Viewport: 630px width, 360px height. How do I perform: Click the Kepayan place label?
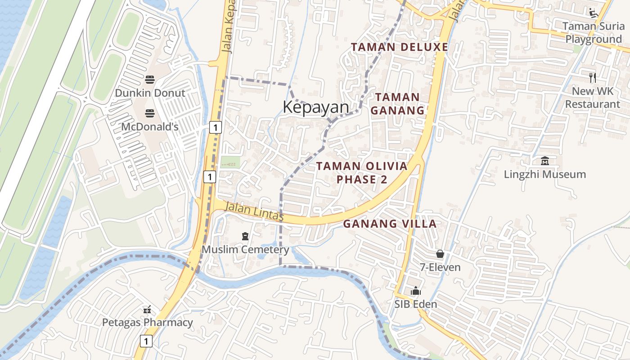click(x=316, y=108)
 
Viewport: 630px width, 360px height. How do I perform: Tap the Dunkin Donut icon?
click(x=150, y=80)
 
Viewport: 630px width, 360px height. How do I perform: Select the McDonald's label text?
click(x=150, y=127)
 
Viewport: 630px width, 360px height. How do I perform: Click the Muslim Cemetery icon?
click(x=245, y=236)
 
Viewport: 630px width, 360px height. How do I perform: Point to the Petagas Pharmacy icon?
click(x=147, y=310)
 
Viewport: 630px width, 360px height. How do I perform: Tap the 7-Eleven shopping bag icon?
click(x=440, y=254)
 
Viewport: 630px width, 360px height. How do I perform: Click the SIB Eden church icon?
click(x=415, y=291)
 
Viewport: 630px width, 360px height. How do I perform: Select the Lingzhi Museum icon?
click(x=545, y=161)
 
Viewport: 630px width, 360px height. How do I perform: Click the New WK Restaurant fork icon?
click(x=593, y=78)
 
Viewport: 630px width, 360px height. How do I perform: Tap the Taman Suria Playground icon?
click(x=594, y=13)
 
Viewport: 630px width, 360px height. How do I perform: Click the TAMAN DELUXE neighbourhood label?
click(x=400, y=47)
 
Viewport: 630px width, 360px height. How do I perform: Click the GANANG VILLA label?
click(x=390, y=224)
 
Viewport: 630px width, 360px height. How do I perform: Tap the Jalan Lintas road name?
click(x=253, y=211)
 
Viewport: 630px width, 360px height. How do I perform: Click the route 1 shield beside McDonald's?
click(x=216, y=128)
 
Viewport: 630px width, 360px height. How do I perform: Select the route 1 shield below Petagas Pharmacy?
click(x=146, y=342)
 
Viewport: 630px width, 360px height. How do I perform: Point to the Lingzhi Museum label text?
click(x=545, y=174)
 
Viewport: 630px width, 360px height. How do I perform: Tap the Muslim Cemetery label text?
click(x=245, y=249)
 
